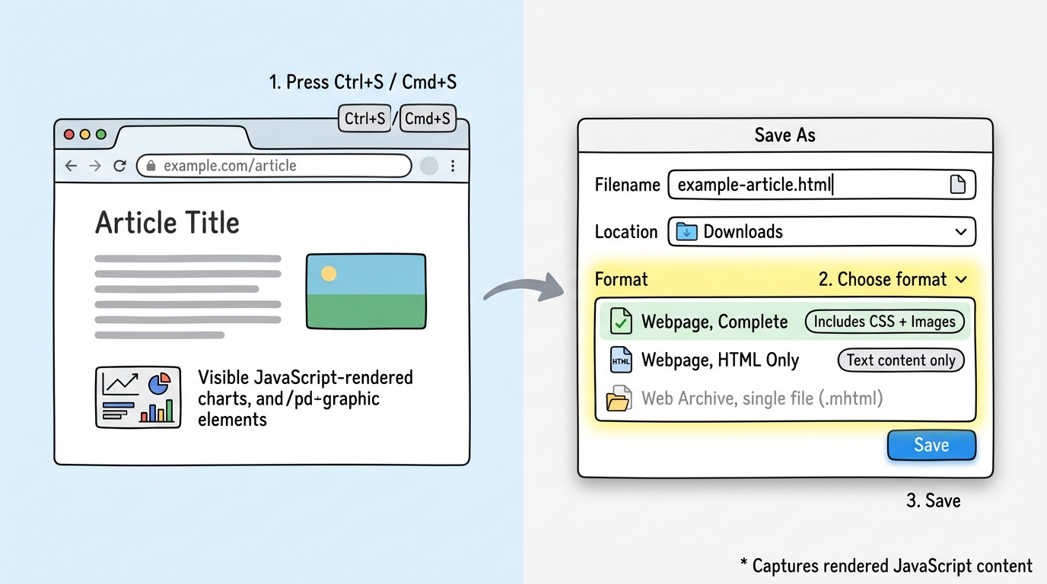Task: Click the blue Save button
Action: pyautogui.click(x=931, y=446)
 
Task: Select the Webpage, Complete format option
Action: pyautogui.click(x=714, y=322)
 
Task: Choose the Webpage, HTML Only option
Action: pyautogui.click(x=719, y=360)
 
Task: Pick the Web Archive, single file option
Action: pyautogui.click(x=761, y=398)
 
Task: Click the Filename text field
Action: pyautogui.click(x=807, y=185)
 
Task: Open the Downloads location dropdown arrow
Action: pyautogui.click(x=961, y=232)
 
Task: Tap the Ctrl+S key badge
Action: pyautogui.click(x=364, y=119)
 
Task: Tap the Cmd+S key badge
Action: pyautogui.click(x=428, y=119)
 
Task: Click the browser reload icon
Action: pyautogui.click(x=119, y=166)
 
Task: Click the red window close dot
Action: pyautogui.click(x=69, y=135)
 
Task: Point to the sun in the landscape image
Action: pyautogui.click(x=329, y=274)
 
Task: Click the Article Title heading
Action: pyautogui.click(x=167, y=223)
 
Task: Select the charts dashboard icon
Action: pyautogui.click(x=138, y=397)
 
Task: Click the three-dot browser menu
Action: pyautogui.click(x=453, y=166)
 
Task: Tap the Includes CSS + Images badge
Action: pyautogui.click(x=884, y=322)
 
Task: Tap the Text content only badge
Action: pyautogui.click(x=901, y=360)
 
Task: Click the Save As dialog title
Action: pyautogui.click(x=784, y=135)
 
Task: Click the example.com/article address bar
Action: pyautogui.click(x=274, y=166)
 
